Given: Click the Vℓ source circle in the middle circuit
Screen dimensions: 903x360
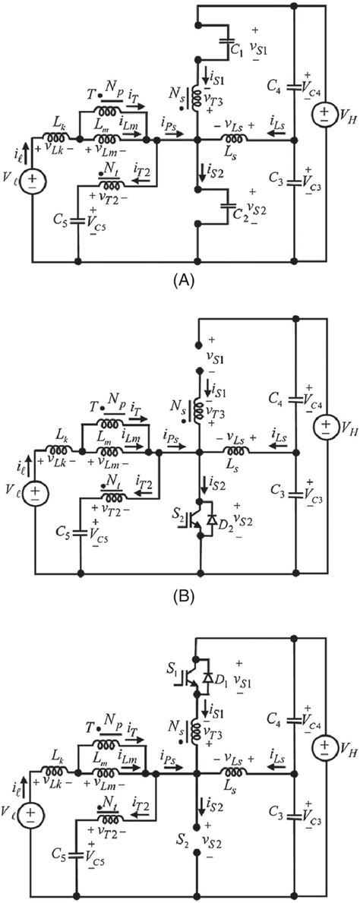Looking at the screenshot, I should click(34, 493).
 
